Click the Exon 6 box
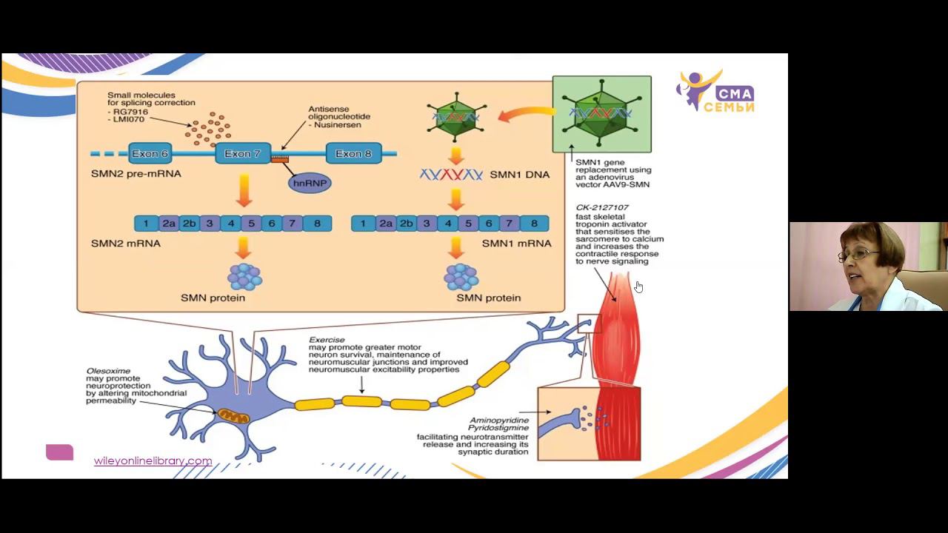[150, 154]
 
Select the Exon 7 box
[242, 154]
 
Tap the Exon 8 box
[353, 154]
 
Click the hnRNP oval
[310, 183]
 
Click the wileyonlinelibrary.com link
[153, 460]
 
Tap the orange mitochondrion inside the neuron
[233, 417]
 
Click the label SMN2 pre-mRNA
[136, 174]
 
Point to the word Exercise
[327, 340]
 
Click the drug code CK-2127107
[602, 207]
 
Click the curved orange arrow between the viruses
[525, 114]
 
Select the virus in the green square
[601, 114]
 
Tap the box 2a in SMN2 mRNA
[169, 224]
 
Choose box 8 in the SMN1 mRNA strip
[534, 224]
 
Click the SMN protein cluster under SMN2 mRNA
[244, 277]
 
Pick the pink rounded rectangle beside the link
[59, 452]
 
